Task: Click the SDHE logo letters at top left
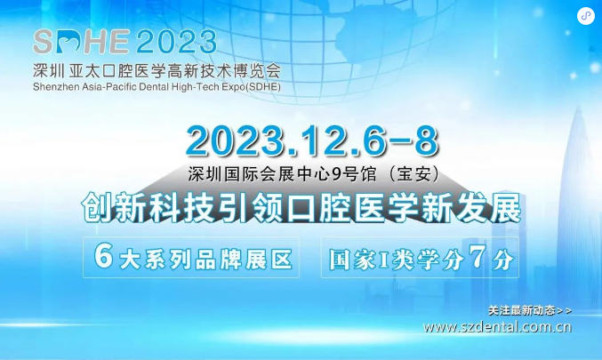pyautogui.click(x=81, y=42)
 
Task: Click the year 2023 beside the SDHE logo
pyautogui.click(x=177, y=42)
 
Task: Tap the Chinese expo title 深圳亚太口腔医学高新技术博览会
pyautogui.click(x=157, y=70)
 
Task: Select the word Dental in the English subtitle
pyautogui.click(x=154, y=87)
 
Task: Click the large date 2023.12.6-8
pyautogui.click(x=312, y=140)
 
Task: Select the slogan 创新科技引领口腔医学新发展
pyautogui.click(x=301, y=208)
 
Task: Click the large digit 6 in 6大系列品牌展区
pyautogui.click(x=103, y=256)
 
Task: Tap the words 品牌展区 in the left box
pyautogui.click(x=244, y=260)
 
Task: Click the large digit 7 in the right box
pyautogui.click(x=478, y=257)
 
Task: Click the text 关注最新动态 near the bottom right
pyautogui.click(x=522, y=310)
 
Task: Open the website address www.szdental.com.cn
pyautogui.click(x=497, y=327)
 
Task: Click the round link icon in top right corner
pyautogui.click(x=585, y=16)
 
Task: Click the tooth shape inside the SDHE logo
pyautogui.click(x=72, y=43)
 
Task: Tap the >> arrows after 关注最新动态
pyautogui.click(x=565, y=310)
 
